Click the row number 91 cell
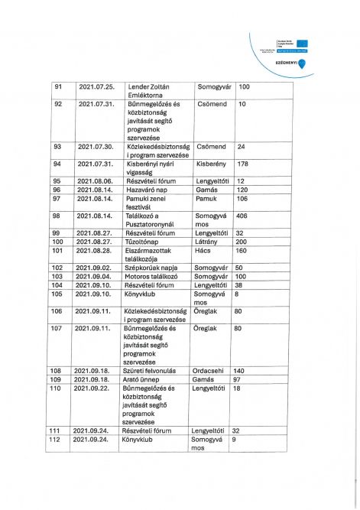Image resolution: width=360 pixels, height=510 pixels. pyautogui.click(x=58, y=86)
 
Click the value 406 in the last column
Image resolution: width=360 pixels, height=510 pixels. pyautogui.click(x=243, y=216)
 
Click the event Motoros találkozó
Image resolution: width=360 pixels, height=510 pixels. pyautogui.click(x=153, y=276)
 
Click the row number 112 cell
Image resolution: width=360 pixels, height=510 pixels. pyautogui.click(x=57, y=440)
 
